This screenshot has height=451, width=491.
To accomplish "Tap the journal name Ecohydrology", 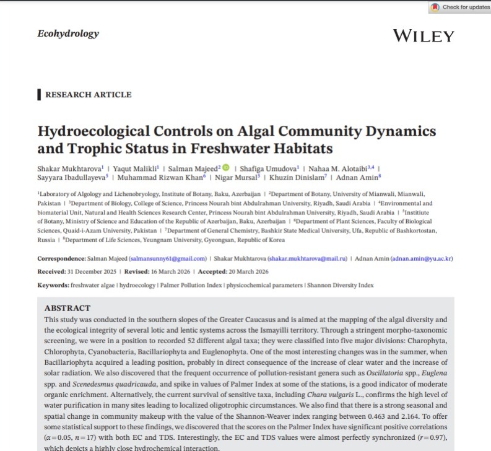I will click(68, 33).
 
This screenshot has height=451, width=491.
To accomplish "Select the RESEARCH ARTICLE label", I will click(88, 95).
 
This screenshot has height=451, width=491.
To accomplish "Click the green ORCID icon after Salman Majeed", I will click(225, 167).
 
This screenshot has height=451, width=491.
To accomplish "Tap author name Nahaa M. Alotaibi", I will click(340, 168).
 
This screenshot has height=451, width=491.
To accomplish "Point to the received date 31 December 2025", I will click(95, 271).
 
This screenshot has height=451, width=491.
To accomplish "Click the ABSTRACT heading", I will click(67, 308).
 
